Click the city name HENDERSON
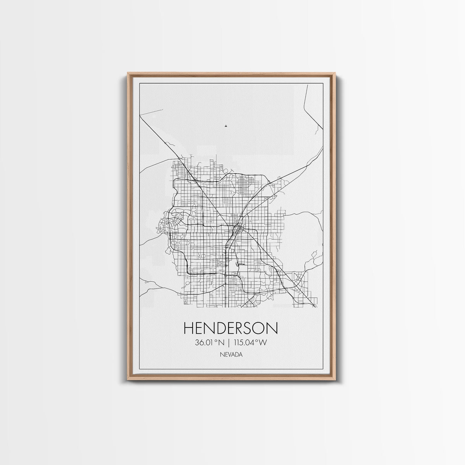pyautogui.click(x=231, y=328)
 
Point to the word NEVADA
pyautogui.click(x=231, y=354)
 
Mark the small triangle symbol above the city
pyautogui.click(x=225, y=126)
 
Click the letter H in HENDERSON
pyautogui.click(x=189, y=328)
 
